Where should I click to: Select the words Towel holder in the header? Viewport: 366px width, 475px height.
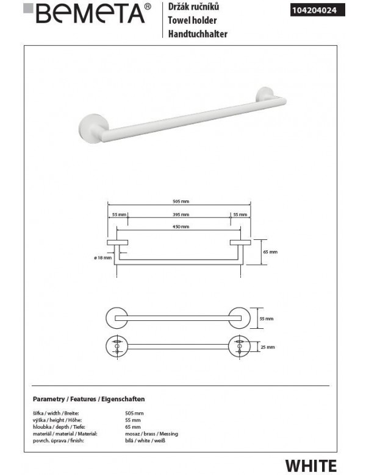(x=190, y=20)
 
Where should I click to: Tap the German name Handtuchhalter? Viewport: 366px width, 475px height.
(x=197, y=34)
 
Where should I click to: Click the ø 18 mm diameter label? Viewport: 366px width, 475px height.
(x=103, y=258)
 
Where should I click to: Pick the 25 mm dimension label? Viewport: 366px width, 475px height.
(x=267, y=347)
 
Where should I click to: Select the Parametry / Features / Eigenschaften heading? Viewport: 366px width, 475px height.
(x=88, y=399)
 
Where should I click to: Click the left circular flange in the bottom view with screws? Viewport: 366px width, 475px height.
(x=116, y=347)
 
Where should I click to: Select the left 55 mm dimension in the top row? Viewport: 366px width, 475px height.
(x=118, y=215)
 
